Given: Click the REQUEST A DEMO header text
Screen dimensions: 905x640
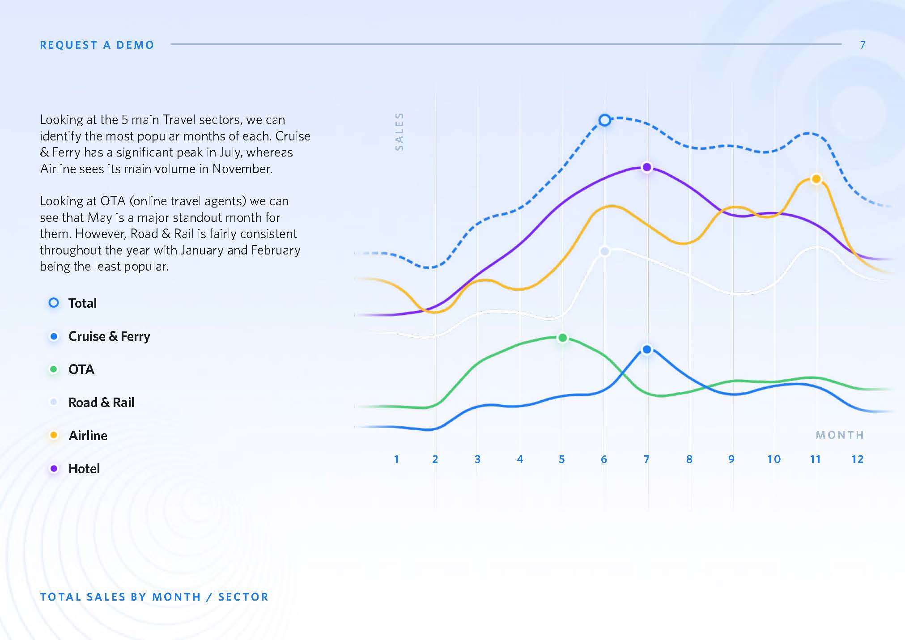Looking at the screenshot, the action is click(x=97, y=45).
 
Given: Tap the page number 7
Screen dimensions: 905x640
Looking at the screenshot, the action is click(x=863, y=45).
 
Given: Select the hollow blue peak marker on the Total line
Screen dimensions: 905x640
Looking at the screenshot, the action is click(x=604, y=120).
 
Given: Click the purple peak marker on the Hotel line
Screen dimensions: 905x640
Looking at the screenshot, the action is click(x=646, y=167).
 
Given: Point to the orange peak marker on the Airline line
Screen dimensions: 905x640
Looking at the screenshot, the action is click(x=816, y=179).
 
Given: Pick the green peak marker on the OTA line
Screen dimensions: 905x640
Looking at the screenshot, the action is click(x=563, y=338).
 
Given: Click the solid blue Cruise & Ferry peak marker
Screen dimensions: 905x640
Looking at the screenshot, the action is click(x=646, y=349).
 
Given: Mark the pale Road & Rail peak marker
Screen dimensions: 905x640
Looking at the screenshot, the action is click(x=604, y=251).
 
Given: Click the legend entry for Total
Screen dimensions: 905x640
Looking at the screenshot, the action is click(x=72, y=303).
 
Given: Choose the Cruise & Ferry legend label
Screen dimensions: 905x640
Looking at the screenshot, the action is click(x=109, y=336).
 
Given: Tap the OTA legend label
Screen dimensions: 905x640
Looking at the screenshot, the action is click(x=81, y=369).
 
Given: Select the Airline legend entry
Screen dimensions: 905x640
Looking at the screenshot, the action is click(x=78, y=436).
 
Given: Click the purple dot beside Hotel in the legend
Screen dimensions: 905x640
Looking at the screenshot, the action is click(x=54, y=469).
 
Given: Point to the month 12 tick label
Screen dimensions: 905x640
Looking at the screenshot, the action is click(x=857, y=459).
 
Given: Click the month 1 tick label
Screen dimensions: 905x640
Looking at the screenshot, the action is click(x=396, y=459).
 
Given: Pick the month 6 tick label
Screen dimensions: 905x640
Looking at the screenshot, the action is click(x=604, y=459).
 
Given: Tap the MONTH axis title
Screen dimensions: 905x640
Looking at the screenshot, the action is click(x=840, y=435).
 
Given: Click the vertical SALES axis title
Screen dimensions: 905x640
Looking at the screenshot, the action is click(x=399, y=131).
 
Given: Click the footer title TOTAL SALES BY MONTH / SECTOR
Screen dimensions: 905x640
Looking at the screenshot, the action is click(x=154, y=597).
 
